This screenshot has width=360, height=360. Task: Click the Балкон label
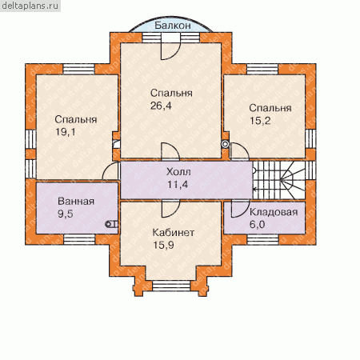pyautogui.click(x=173, y=26)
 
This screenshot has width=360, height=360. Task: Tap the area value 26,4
pyautogui.click(x=161, y=106)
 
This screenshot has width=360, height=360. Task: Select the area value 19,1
pyautogui.click(x=65, y=132)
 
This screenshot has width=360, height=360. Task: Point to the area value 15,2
pyautogui.click(x=260, y=121)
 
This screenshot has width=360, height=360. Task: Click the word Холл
pyautogui.click(x=178, y=172)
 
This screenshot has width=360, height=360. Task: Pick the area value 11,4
pyautogui.click(x=178, y=184)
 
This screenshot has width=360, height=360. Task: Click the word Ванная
pyautogui.click(x=76, y=201)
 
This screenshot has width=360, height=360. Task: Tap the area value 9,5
pyautogui.click(x=66, y=214)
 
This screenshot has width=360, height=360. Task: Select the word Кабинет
pyautogui.click(x=173, y=232)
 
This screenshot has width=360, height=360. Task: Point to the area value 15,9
pyautogui.click(x=163, y=245)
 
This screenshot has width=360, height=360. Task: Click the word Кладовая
pyautogui.click(x=274, y=212)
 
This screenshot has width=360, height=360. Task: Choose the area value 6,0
pyautogui.click(x=257, y=224)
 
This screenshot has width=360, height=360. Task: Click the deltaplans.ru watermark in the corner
pyautogui.click(x=30, y=6)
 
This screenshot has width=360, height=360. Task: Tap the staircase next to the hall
pyautogui.click(x=278, y=180)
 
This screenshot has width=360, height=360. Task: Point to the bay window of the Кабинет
pyautogui.click(x=171, y=286)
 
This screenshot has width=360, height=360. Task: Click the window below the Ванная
pyautogui.click(x=79, y=239)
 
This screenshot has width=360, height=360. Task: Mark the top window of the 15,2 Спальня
pyautogui.click(x=262, y=69)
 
